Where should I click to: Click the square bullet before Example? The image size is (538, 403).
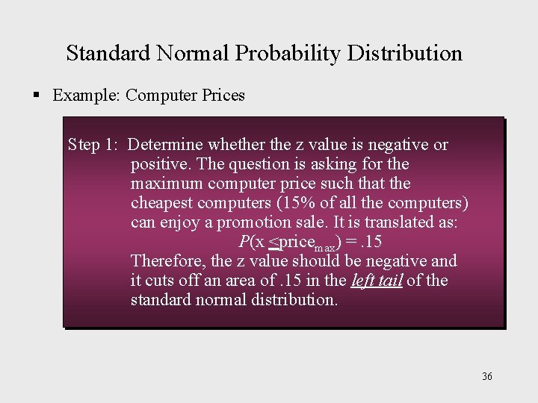[x=35, y=96]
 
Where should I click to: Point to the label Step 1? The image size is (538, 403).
[x=93, y=144]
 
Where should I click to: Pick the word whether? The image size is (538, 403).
[x=235, y=144]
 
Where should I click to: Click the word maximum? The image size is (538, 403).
[x=167, y=183]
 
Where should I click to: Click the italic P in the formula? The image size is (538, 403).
[x=244, y=241]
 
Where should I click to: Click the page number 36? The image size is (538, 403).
[x=487, y=376]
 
